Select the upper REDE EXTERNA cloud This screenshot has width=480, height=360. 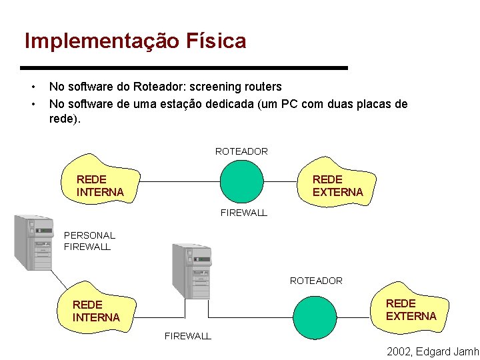point(337,185)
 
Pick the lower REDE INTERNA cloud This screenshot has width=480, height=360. point(97,311)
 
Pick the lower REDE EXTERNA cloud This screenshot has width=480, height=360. point(410,309)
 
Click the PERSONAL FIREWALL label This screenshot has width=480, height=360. point(89,241)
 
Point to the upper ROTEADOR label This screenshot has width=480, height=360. point(241,151)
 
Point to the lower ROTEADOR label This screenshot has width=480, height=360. point(316,281)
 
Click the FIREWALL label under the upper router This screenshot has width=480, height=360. point(243,213)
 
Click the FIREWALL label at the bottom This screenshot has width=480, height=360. point(188,336)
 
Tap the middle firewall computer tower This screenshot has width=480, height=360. point(191,271)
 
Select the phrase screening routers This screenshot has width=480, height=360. point(237,87)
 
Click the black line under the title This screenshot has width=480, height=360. point(184,68)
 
